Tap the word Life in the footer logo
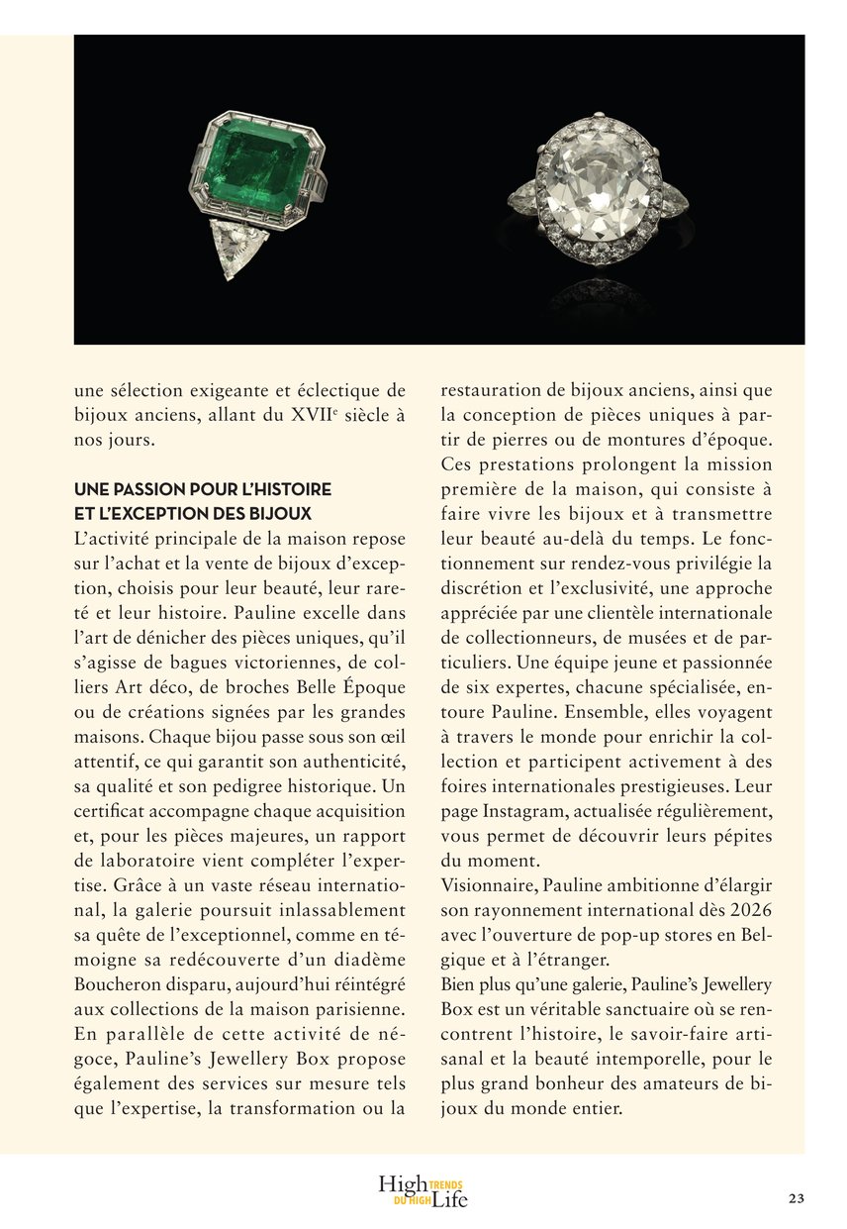448,1200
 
